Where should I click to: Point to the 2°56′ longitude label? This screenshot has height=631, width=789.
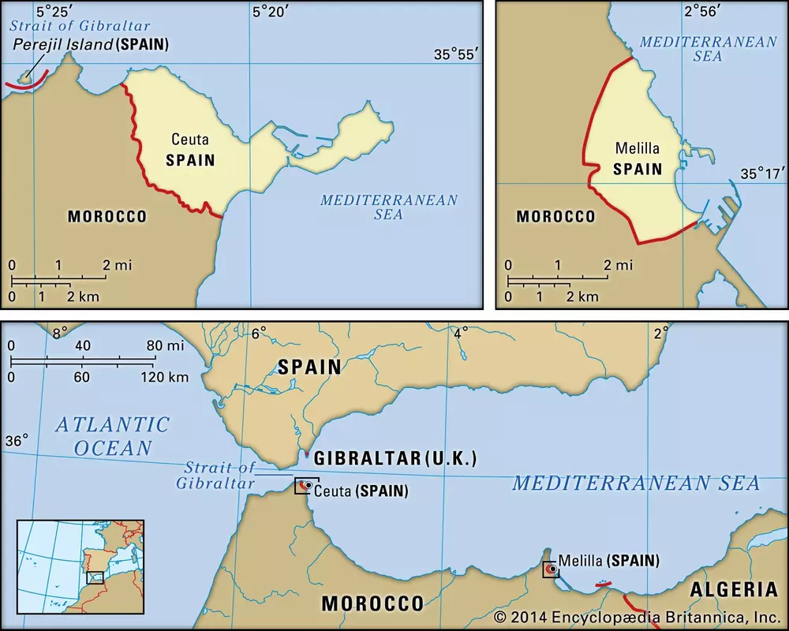coord(704,11)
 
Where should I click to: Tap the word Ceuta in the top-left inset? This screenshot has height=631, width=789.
coord(190,140)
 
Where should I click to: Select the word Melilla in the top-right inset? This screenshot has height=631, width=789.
coord(637,148)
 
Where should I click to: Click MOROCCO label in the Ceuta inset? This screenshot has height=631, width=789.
coord(107,216)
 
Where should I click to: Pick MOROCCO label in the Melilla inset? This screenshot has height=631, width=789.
coord(555,216)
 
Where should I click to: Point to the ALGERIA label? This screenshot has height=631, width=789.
coord(734,589)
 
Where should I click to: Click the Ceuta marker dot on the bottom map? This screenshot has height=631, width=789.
coord(307,485)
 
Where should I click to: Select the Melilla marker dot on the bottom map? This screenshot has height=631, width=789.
coord(552,569)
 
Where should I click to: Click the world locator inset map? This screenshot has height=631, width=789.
coord(80,566)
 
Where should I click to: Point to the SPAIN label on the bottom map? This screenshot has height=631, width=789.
coord(308,367)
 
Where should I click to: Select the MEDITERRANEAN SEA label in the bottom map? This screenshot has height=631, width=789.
coord(635,483)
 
